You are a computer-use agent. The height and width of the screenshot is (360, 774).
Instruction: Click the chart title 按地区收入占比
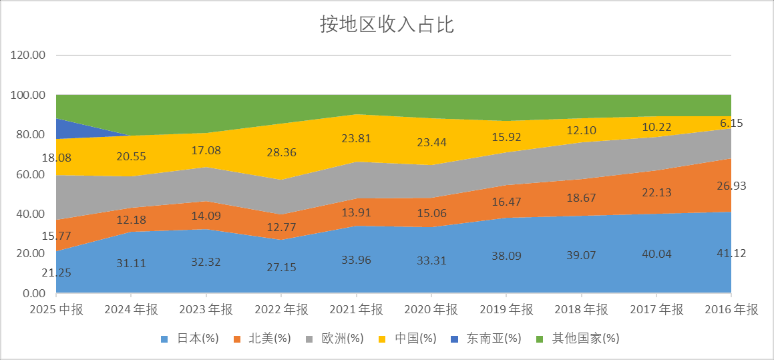coord(387,25)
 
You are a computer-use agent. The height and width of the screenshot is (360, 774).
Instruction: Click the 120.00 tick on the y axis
coord(29,55)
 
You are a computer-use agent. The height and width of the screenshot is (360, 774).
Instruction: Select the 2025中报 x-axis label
coord(56,310)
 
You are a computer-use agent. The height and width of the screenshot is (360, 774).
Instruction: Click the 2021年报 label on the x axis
coord(356,310)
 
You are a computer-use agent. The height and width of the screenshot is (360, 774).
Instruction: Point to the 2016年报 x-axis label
coord(731,310)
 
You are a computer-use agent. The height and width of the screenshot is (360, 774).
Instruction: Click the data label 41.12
coord(731,253)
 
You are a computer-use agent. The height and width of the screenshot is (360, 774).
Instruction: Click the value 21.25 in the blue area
coord(56,273)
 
